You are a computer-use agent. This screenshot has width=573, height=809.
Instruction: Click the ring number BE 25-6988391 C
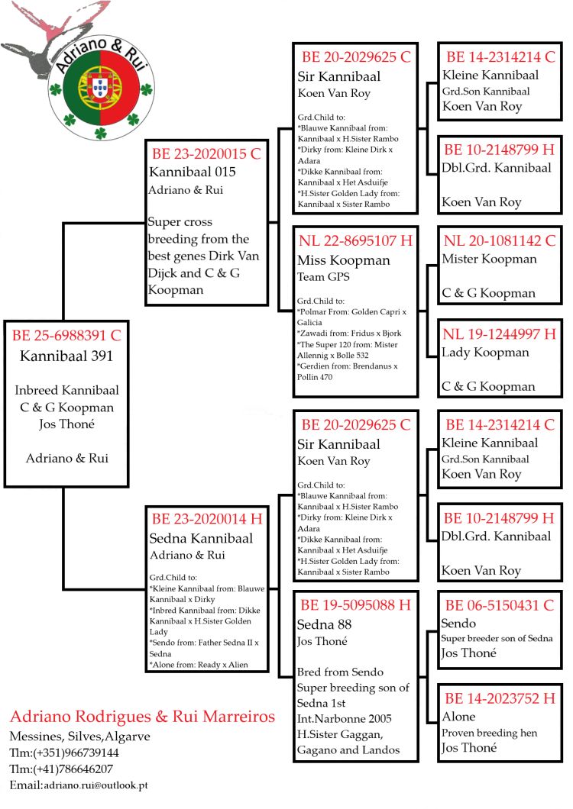[66, 335]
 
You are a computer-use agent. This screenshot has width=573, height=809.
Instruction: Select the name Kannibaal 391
[66, 356]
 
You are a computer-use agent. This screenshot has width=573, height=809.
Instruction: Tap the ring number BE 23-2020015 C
[206, 153]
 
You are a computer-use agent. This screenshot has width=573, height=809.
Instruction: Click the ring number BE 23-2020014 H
[206, 519]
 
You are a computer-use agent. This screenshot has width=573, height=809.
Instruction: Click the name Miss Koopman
[343, 260]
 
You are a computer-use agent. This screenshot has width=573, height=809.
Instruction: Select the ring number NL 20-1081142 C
[500, 241]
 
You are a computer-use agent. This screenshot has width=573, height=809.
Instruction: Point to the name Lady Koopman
[485, 353]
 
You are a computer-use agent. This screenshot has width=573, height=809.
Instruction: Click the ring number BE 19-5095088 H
[355, 605]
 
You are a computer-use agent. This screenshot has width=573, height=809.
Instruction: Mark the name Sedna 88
[324, 624]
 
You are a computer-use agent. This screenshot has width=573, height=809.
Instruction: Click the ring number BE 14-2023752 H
[500, 698]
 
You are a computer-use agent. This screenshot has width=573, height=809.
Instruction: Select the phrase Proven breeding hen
[490, 733]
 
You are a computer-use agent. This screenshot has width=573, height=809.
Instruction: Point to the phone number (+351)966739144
[74, 753]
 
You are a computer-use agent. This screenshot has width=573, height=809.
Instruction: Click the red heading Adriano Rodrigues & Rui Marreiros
[142, 717]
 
